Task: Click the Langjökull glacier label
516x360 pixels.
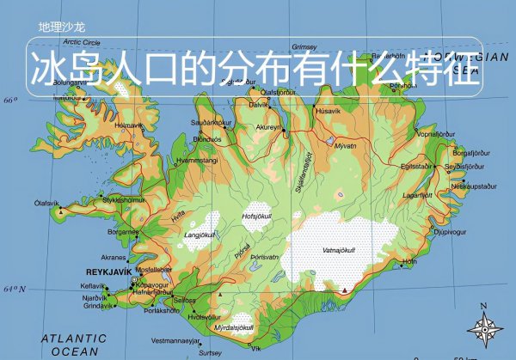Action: [x=200, y=234]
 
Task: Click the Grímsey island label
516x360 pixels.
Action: [x=304, y=46]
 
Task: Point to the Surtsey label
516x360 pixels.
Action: [x=209, y=352]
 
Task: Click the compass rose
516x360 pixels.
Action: [x=486, y=327]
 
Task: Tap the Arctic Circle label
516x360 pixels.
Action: [x=82, y=41]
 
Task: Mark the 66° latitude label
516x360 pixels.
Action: [x=10, y=101]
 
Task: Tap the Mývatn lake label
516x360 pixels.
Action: [x=344, y=146]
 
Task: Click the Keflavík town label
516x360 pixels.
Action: [x=92, y=285]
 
